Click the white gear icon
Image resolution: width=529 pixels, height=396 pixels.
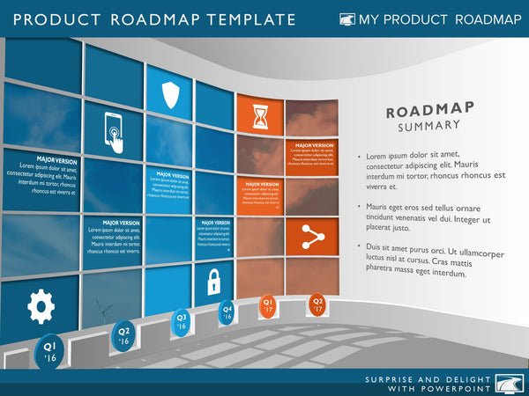(41, 305)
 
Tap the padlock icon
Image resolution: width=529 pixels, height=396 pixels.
(212, 282)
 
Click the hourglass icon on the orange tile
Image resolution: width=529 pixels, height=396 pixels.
(260, 115)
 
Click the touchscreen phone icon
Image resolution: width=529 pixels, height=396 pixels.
(115, 133)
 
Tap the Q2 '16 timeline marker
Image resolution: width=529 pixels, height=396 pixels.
(123, 334)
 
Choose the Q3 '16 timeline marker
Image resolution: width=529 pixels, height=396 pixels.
(182, 320)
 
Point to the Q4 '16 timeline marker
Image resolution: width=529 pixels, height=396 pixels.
(227, 312)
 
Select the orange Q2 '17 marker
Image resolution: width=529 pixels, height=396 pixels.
(317, 304)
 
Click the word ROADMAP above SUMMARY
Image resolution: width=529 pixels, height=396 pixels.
(418, 109)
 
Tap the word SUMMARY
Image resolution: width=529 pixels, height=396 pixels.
(418, 126)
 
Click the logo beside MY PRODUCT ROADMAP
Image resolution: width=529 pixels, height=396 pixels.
(347, 19)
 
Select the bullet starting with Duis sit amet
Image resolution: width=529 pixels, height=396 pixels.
(428, 260)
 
